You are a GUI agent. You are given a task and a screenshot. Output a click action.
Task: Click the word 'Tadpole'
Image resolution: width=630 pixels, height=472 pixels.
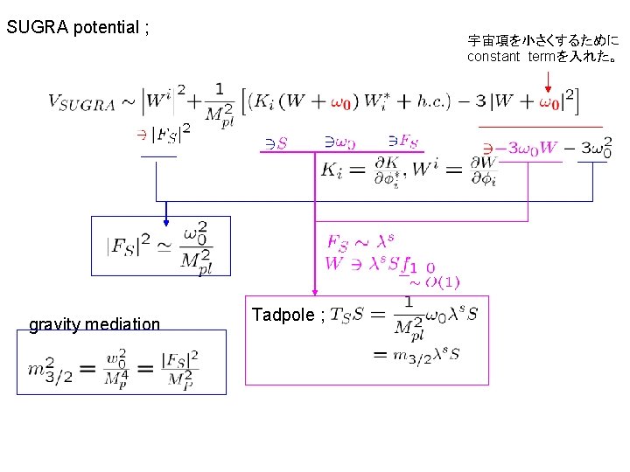coord(283,315)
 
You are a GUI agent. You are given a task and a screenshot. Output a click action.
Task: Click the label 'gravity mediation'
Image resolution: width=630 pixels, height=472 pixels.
coord(94,324)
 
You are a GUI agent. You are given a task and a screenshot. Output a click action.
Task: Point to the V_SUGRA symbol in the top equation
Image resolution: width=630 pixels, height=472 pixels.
coord(81,103)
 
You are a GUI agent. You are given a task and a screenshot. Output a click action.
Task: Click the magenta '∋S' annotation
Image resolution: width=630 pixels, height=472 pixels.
coord(276,142)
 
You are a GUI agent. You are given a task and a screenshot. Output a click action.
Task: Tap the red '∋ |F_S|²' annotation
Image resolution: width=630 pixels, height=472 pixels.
coord(162,135)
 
